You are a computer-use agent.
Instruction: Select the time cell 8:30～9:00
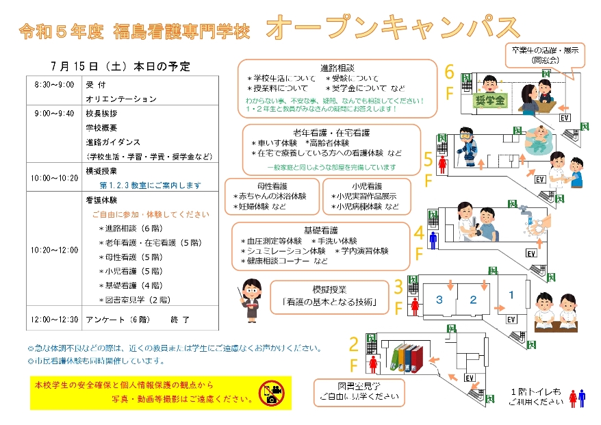(54, 85)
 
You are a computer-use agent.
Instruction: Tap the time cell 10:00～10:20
(54, 177)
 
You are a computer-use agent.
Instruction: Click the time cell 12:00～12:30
(54, 319)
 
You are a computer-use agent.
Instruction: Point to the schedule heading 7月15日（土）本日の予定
(120, 66)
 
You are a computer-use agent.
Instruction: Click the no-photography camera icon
(270, 392)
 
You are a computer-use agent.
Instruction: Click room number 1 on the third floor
(510, 295)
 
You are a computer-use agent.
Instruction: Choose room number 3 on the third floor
(439, 300)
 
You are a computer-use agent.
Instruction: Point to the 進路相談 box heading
(337, 68)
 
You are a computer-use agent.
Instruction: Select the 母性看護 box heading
(272, 185)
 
